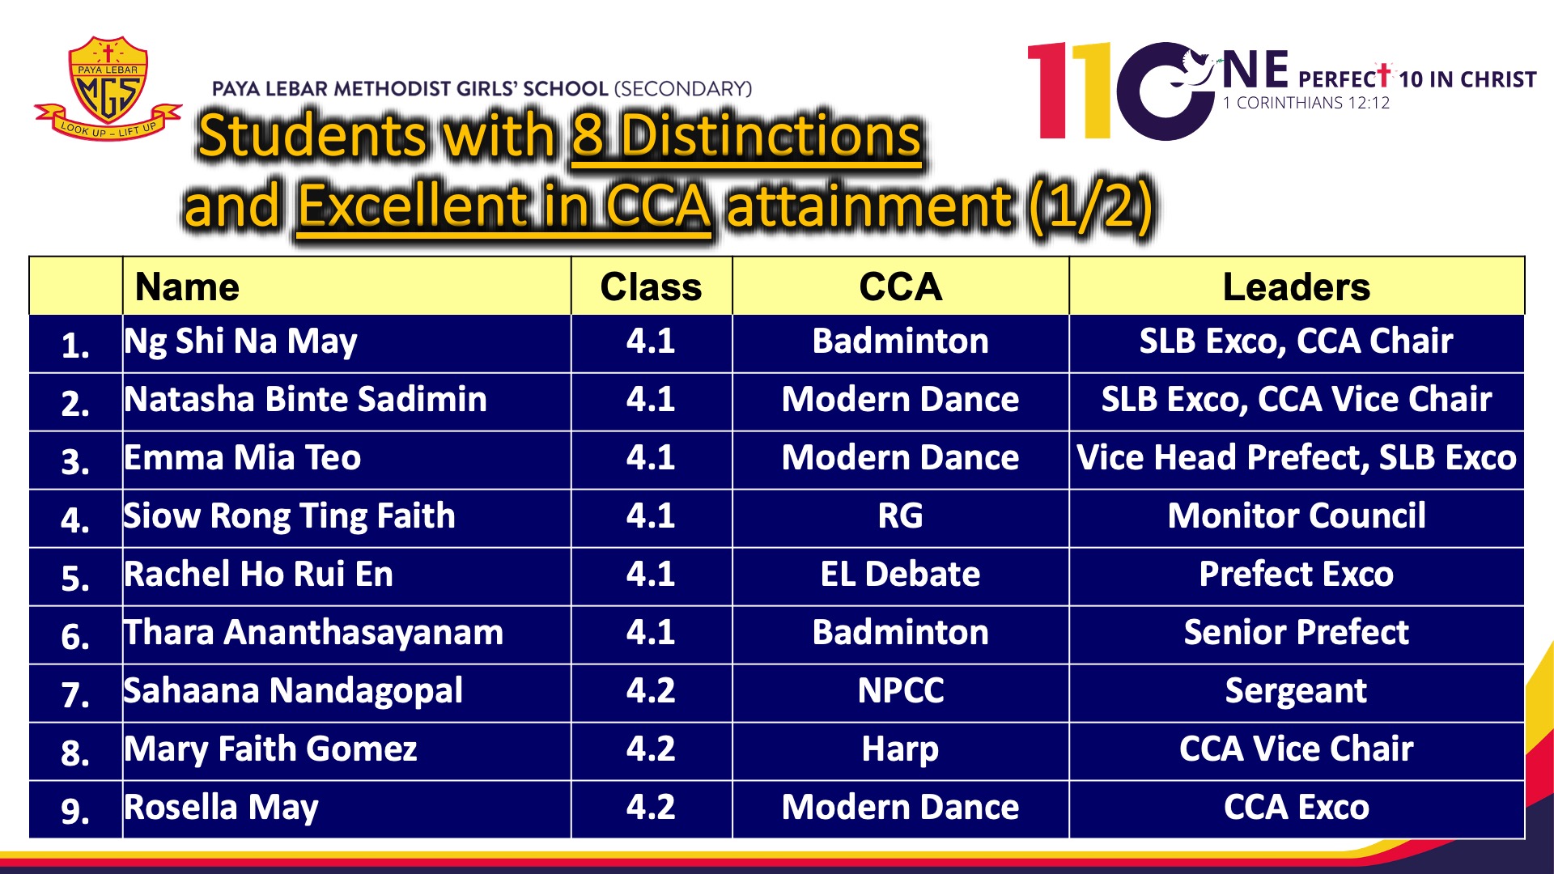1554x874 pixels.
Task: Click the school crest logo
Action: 108,87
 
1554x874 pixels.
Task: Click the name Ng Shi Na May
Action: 240,342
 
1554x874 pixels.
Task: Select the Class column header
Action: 651,286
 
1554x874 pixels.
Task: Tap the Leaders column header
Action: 1297,286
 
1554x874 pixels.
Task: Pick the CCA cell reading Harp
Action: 900,749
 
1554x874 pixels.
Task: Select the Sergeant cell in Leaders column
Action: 1296,691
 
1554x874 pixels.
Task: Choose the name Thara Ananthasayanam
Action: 313,632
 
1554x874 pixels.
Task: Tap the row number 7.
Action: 74,694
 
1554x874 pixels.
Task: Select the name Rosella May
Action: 221,808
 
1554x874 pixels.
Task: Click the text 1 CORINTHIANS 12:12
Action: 1306,103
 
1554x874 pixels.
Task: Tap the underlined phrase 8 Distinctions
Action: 746,135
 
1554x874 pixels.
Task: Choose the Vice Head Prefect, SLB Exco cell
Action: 1297,458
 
